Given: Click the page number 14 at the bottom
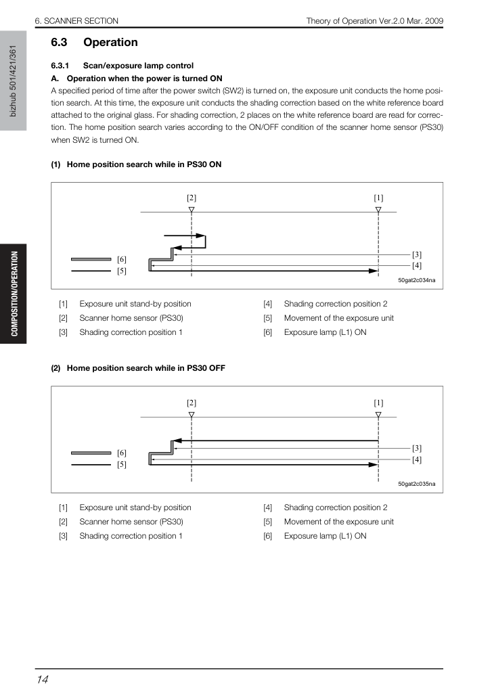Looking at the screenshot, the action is [43, 679].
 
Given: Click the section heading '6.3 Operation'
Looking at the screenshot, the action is [95, 43].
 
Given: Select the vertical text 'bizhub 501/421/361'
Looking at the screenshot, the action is [13, 81].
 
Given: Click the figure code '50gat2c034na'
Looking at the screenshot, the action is [416, 280].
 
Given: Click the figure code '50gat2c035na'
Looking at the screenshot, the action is [416, 484].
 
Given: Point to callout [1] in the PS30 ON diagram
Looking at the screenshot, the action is [378, 198].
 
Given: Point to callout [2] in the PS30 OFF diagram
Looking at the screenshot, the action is [192, 403].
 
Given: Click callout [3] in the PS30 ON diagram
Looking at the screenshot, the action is [416, 254].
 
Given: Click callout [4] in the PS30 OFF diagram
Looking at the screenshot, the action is [416, 459].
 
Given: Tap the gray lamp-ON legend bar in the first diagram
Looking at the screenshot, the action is [91, 259].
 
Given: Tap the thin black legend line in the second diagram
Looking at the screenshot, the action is [91, 464].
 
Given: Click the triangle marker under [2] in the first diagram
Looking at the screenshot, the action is [192, 210].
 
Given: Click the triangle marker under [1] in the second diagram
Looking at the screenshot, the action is [378, 415].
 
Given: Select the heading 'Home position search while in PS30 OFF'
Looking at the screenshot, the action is [145, 368].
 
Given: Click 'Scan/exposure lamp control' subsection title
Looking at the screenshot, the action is [138, 66].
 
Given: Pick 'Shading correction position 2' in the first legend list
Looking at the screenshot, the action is [336, 304].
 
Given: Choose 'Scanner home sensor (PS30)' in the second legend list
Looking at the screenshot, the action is [131, 522].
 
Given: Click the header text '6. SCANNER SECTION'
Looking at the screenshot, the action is [76, 21].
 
